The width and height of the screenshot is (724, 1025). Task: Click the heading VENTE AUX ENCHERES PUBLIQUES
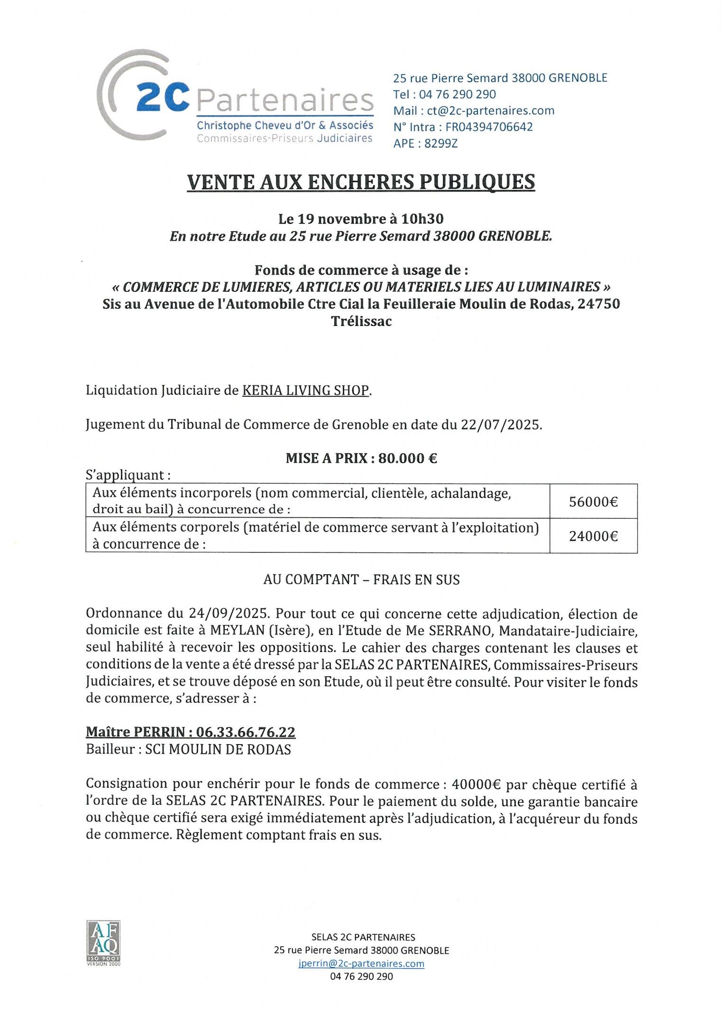click(x=361, y=182)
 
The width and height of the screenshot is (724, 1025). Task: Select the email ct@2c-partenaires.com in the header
click(x=490, y=111)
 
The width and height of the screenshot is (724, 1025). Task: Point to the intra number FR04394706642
click(x=489, y=127)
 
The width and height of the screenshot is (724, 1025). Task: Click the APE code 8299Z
click(x=441, y=143)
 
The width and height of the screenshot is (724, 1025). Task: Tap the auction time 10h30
click(x=422, y=219)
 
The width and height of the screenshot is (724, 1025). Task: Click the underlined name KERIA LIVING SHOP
click(x=305, y=390)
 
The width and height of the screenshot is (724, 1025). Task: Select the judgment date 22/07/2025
click(x=501, y=424)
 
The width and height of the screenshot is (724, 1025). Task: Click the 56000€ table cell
click(x=593, y=502)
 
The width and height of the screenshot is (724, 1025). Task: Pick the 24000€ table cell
click(x=593, y=536)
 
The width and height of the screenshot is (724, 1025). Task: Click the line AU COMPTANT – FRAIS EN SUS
click(x=361, y=579)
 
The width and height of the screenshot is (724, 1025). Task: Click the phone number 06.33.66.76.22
click(x=246, y=732)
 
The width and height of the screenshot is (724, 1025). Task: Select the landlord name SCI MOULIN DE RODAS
click(x=218, y=749)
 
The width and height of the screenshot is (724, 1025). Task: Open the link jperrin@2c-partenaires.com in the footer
click(x=361, y=963)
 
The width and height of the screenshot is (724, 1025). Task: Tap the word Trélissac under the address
click(x=361, y=321)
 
